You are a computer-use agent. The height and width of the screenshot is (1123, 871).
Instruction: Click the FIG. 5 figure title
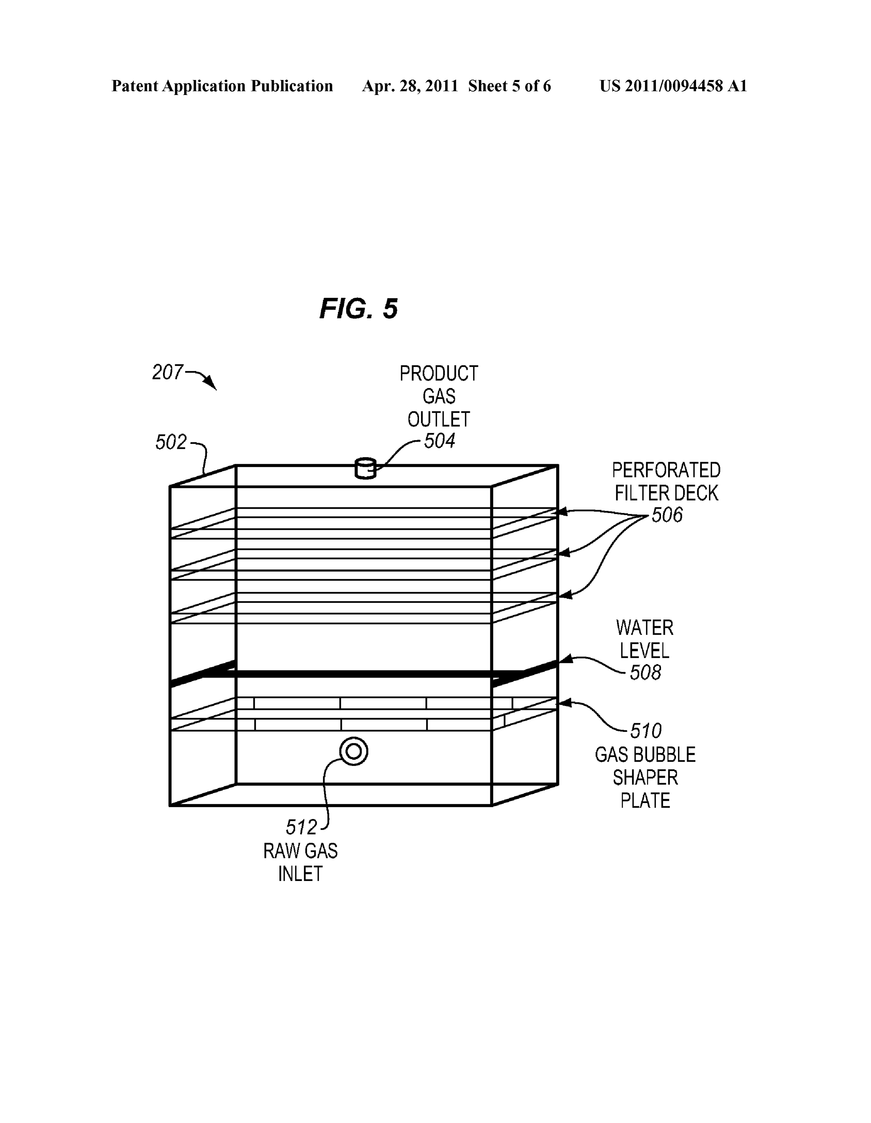click(358, 309)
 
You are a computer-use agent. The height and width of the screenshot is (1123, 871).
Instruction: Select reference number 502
click(171, 442)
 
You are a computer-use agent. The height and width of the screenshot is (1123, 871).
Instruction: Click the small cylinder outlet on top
click(365, 469)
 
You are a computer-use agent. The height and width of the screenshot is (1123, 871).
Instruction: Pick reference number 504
click(439, 441)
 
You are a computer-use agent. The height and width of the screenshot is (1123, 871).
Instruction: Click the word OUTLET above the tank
click(439, 420)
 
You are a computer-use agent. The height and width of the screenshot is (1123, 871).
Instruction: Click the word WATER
click(644, 628)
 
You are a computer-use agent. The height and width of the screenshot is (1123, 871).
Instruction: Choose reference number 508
click(645, 672)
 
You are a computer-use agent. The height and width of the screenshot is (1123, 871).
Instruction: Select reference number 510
click(646, 731)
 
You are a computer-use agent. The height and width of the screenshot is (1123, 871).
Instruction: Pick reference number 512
click(301, 827)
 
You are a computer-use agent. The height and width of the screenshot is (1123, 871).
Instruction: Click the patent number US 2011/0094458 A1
click(673, 86)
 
